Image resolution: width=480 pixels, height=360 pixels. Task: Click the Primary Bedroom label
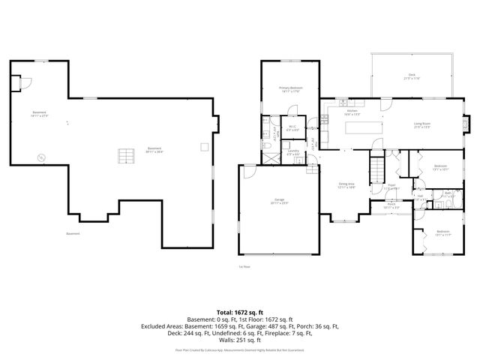pyautogui.click(x=291, y=89)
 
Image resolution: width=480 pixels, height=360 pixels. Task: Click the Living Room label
pyautogui.click(x=423, y=124)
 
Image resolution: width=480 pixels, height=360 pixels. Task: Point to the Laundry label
pyautogui.click(x=293, y=152)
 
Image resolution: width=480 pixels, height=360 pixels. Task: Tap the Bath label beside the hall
pyautogui.click(x=447, y=193)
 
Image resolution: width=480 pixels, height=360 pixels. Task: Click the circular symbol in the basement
pyautogui.click(x=42, y=157)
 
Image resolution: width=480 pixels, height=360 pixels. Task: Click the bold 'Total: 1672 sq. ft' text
pyautogui.click(x=240, y=311)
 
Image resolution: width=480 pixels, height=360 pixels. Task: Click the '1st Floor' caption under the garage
pyautogui.click(x=244, y=266)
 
